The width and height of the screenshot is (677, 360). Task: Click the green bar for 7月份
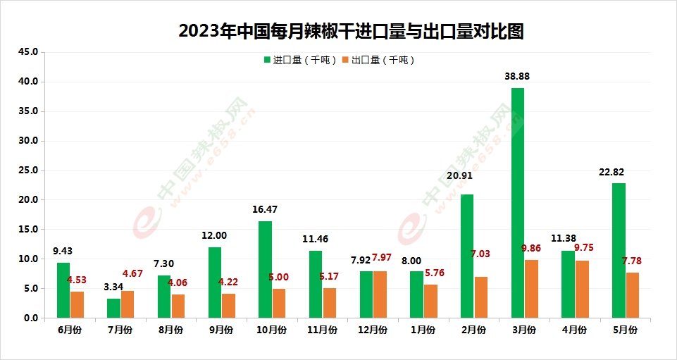(114, 308)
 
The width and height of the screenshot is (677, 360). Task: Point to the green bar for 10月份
(265, 269)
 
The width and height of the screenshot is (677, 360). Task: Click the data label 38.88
(518, 76)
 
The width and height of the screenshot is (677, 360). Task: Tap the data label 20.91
(461, 176)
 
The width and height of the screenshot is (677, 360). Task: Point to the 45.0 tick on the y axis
(32, 52)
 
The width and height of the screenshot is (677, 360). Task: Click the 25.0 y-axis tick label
(32, 170)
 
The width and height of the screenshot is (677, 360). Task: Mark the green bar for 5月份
(619, 250)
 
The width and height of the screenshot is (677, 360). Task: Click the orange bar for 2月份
(481, 297)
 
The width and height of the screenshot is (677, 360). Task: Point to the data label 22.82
(611, 172)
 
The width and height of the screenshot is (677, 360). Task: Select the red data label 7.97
(386, 256)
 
